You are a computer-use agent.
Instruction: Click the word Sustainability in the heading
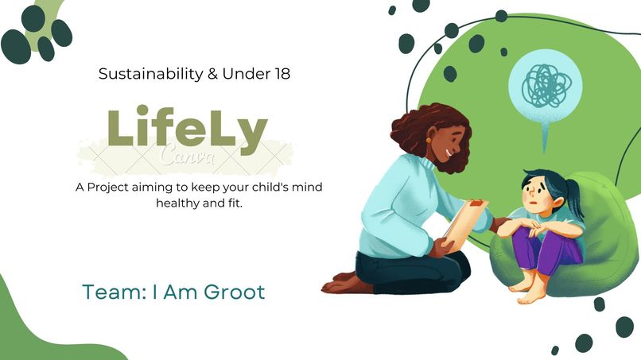point(137,74)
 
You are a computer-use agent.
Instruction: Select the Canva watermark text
point(187,155)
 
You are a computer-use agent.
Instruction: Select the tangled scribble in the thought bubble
point(545,82)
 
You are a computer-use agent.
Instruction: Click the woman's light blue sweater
point(398,207)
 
